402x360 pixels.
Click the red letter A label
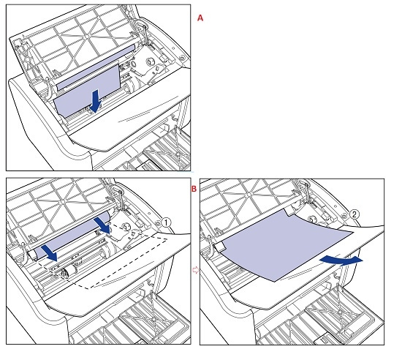(200, 18)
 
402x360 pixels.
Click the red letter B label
(194, 189)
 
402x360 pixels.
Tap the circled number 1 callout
(166, 222)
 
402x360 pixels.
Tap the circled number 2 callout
(354, 214)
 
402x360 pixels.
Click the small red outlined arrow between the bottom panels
(195, 270)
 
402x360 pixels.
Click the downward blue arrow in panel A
(96, 100)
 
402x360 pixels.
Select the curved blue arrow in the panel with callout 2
(341, 260)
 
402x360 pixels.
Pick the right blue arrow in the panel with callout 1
(102, 225)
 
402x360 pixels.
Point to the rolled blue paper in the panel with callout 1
(72, 236)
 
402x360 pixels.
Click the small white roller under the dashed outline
(69, 271)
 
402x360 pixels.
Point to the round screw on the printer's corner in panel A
(182, 58)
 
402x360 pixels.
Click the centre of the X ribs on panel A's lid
(86, 37)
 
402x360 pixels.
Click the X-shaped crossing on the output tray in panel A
(178, 154)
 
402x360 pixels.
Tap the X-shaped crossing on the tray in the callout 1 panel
(153, 320)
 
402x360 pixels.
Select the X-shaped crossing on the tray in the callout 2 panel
(340, 312)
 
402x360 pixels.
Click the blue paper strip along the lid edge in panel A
(95, 67)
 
